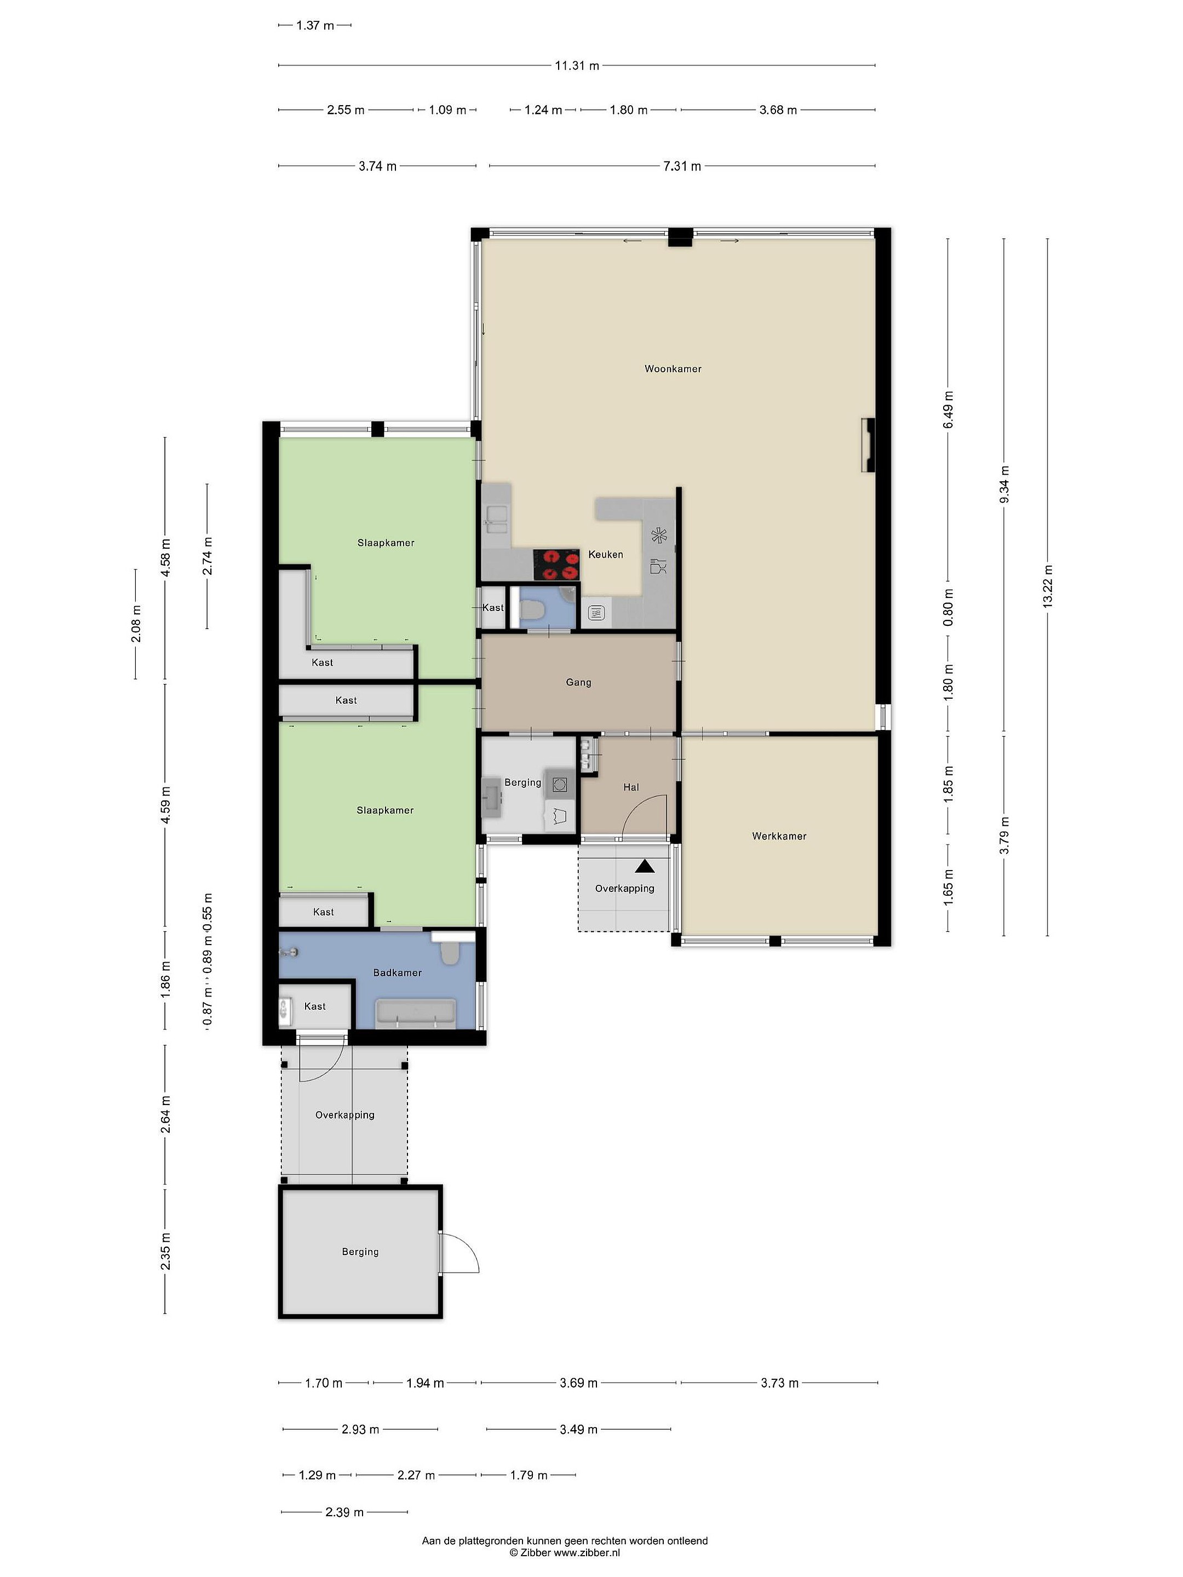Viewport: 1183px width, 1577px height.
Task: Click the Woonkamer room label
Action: coord(673,369)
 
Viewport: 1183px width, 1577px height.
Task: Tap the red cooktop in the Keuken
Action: coord(556,564)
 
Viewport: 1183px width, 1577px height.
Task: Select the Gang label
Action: coord(578,682)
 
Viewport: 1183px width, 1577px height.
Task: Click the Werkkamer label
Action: coord(779,836)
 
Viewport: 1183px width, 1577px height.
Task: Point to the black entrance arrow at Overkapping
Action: coord(645,866)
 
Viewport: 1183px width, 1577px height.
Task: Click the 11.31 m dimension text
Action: coord(577,66)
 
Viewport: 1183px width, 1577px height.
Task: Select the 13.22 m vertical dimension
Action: coord(1048,585)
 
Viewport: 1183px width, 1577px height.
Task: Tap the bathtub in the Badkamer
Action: coord(415,1013)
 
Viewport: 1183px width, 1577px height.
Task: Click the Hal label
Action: coord(631,787)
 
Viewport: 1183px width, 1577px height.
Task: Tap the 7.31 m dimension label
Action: coord(682,166)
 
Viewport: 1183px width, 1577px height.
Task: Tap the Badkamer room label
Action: coord(397,972)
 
